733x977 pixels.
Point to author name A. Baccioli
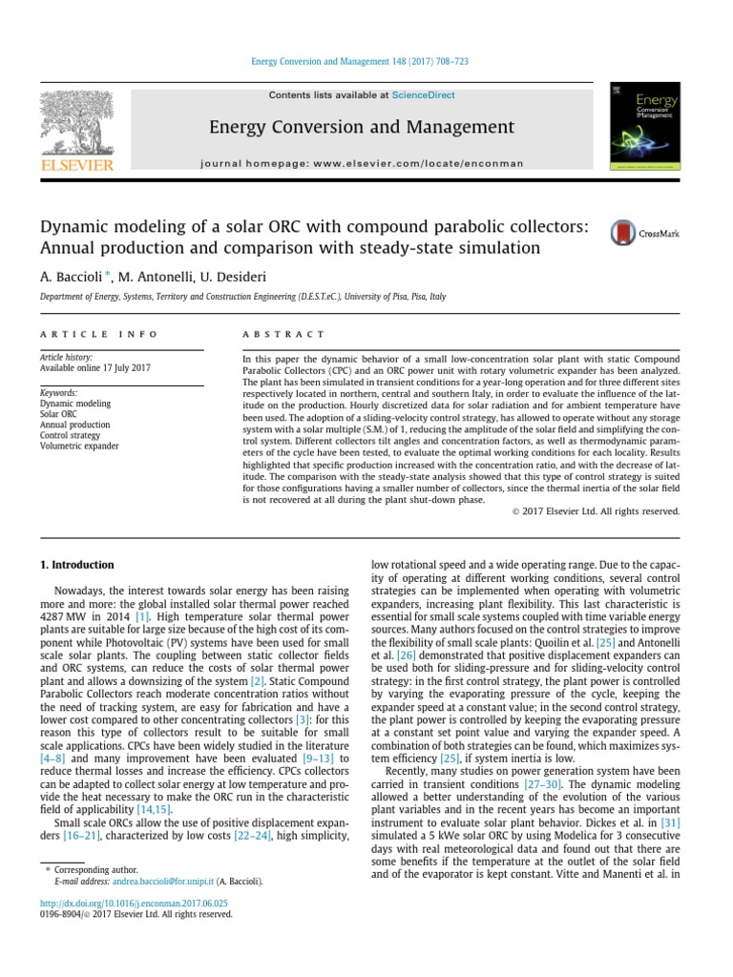[70, 277]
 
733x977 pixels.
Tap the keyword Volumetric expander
[79, 446]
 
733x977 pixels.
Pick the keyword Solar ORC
[58, 414]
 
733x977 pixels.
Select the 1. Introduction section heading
[76, 565]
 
